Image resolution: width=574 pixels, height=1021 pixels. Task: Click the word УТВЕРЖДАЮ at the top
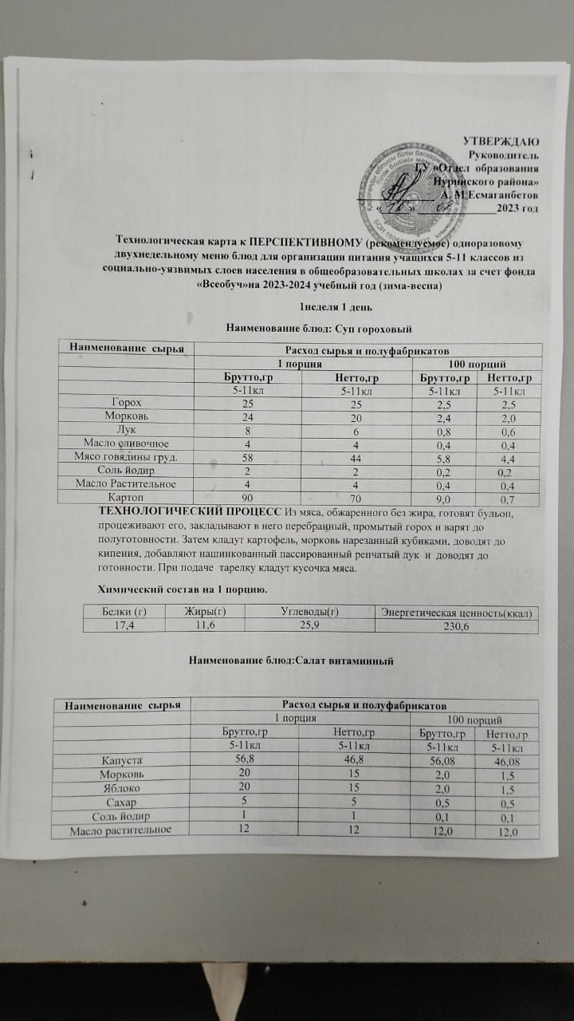tap(501, 140)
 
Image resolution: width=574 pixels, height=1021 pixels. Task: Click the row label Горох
tap(128, 402)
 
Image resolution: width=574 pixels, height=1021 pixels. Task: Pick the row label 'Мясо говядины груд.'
tap(128, 456)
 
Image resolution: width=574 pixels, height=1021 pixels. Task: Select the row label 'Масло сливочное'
tap(128, 443)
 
